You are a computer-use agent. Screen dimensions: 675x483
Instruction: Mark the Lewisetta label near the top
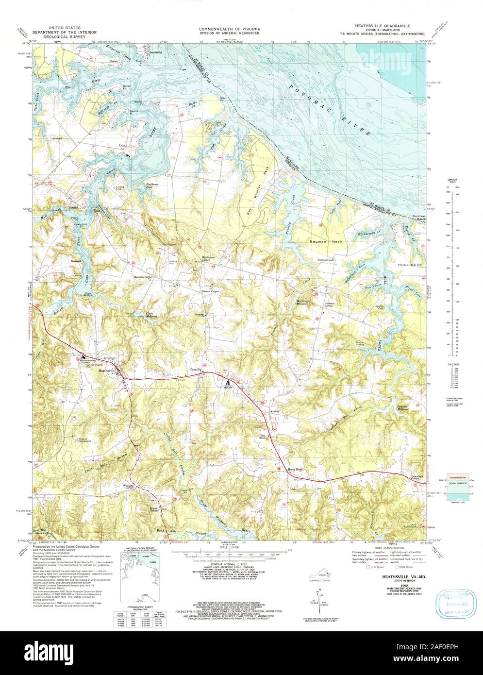tap(155, 52)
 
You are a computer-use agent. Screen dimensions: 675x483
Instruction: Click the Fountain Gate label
tap(326, 260)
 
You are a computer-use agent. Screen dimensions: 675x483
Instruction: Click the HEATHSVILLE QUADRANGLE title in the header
tap(383, 24)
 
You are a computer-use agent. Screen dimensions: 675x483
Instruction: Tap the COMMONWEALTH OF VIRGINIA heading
tap(229, 29)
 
